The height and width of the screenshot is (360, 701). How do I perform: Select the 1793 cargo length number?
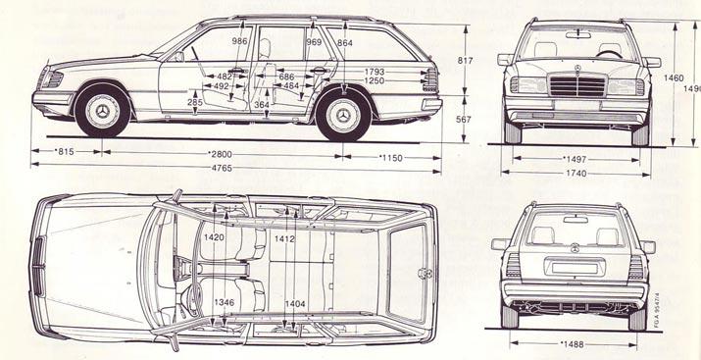click(374, 72)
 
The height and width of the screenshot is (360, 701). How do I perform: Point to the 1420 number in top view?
click(213, 236)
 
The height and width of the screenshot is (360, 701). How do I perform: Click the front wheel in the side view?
click(103, 114)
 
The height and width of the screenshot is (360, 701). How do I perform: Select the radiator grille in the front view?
click(576, 85)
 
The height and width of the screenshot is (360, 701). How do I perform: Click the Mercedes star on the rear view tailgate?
click(576, 250)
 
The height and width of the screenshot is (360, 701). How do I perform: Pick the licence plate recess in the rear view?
click(576, 268)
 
